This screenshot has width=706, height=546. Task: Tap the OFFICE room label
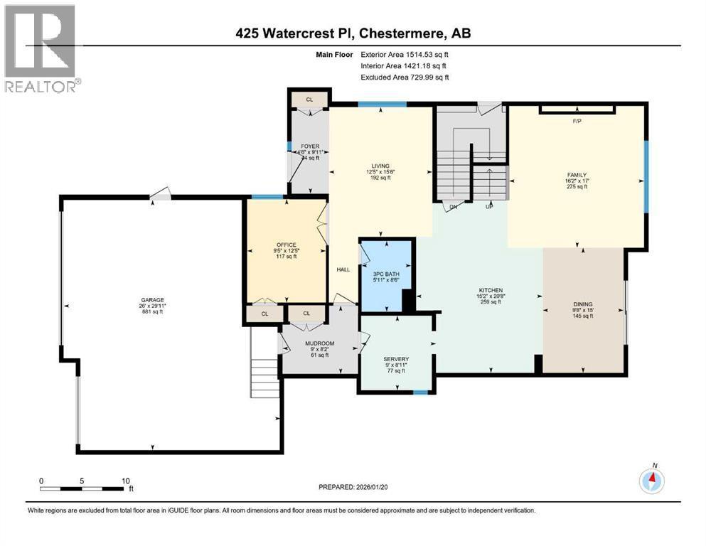287,245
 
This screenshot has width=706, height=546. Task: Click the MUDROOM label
319,343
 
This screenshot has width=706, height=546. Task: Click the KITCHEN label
490,290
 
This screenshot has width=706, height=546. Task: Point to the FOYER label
309,146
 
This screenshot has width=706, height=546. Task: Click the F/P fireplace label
577,122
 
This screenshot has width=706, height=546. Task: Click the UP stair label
488,208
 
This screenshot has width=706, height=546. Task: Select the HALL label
343,269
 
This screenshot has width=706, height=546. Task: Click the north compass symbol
651,481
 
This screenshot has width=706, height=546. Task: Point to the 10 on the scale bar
124,480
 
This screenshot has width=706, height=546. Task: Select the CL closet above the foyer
309,100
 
